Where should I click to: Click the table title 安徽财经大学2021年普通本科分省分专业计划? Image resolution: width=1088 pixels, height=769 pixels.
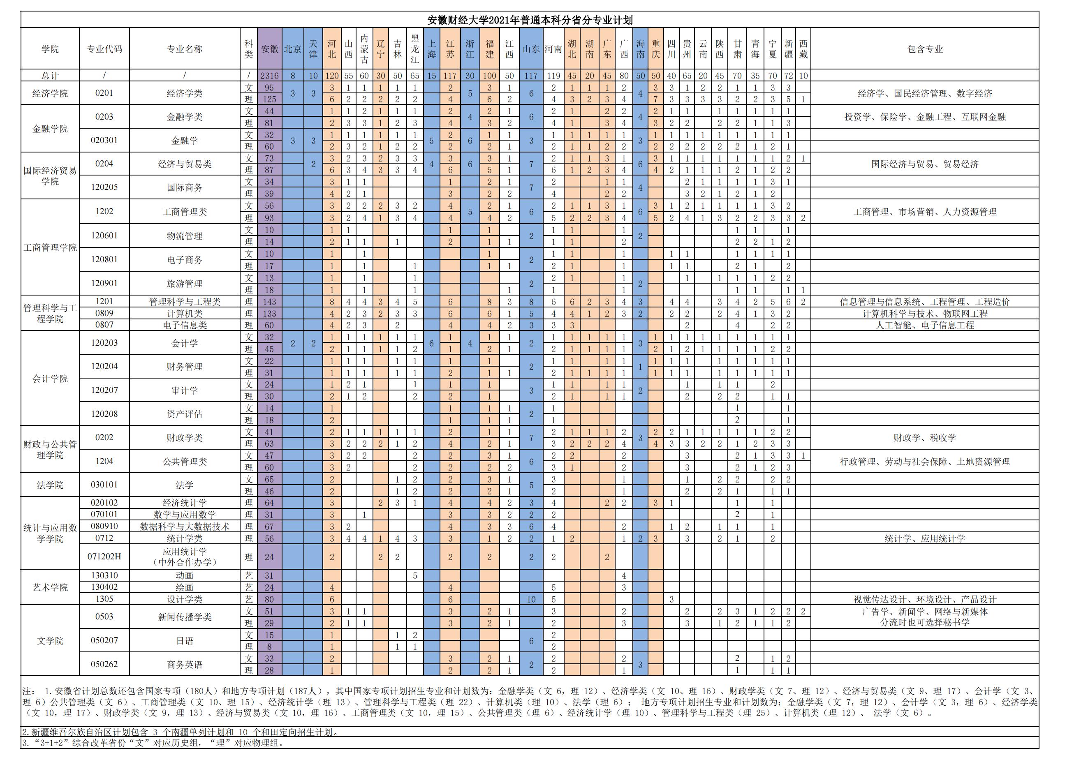point(530,20)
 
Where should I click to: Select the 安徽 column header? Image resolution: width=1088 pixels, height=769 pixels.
point(270,49)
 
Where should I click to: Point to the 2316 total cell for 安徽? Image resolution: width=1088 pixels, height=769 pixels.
point(270,76)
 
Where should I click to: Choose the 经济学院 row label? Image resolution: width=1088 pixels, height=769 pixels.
point(50,93)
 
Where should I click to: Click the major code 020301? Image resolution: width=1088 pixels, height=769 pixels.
point(104,140)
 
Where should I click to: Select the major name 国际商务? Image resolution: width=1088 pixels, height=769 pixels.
point(184,187)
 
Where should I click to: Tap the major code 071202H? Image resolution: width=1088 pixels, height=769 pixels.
point(104,557)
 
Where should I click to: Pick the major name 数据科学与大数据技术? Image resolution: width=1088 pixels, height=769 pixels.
point(184,527)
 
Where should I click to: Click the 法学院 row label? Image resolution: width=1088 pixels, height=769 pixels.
point(50,485)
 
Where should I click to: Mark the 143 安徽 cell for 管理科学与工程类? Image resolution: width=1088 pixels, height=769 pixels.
point(270,302)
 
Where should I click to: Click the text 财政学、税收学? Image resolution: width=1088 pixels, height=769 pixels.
point(924,438)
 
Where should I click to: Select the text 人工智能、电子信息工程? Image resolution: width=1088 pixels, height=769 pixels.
point(924,325)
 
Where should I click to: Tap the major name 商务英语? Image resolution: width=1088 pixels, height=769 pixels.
point(184,664)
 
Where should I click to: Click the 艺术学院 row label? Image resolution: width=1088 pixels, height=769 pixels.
point(50,587)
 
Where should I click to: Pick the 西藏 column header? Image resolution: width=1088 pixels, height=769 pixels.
point(803,49)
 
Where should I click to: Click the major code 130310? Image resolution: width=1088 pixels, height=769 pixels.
point(104,575)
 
